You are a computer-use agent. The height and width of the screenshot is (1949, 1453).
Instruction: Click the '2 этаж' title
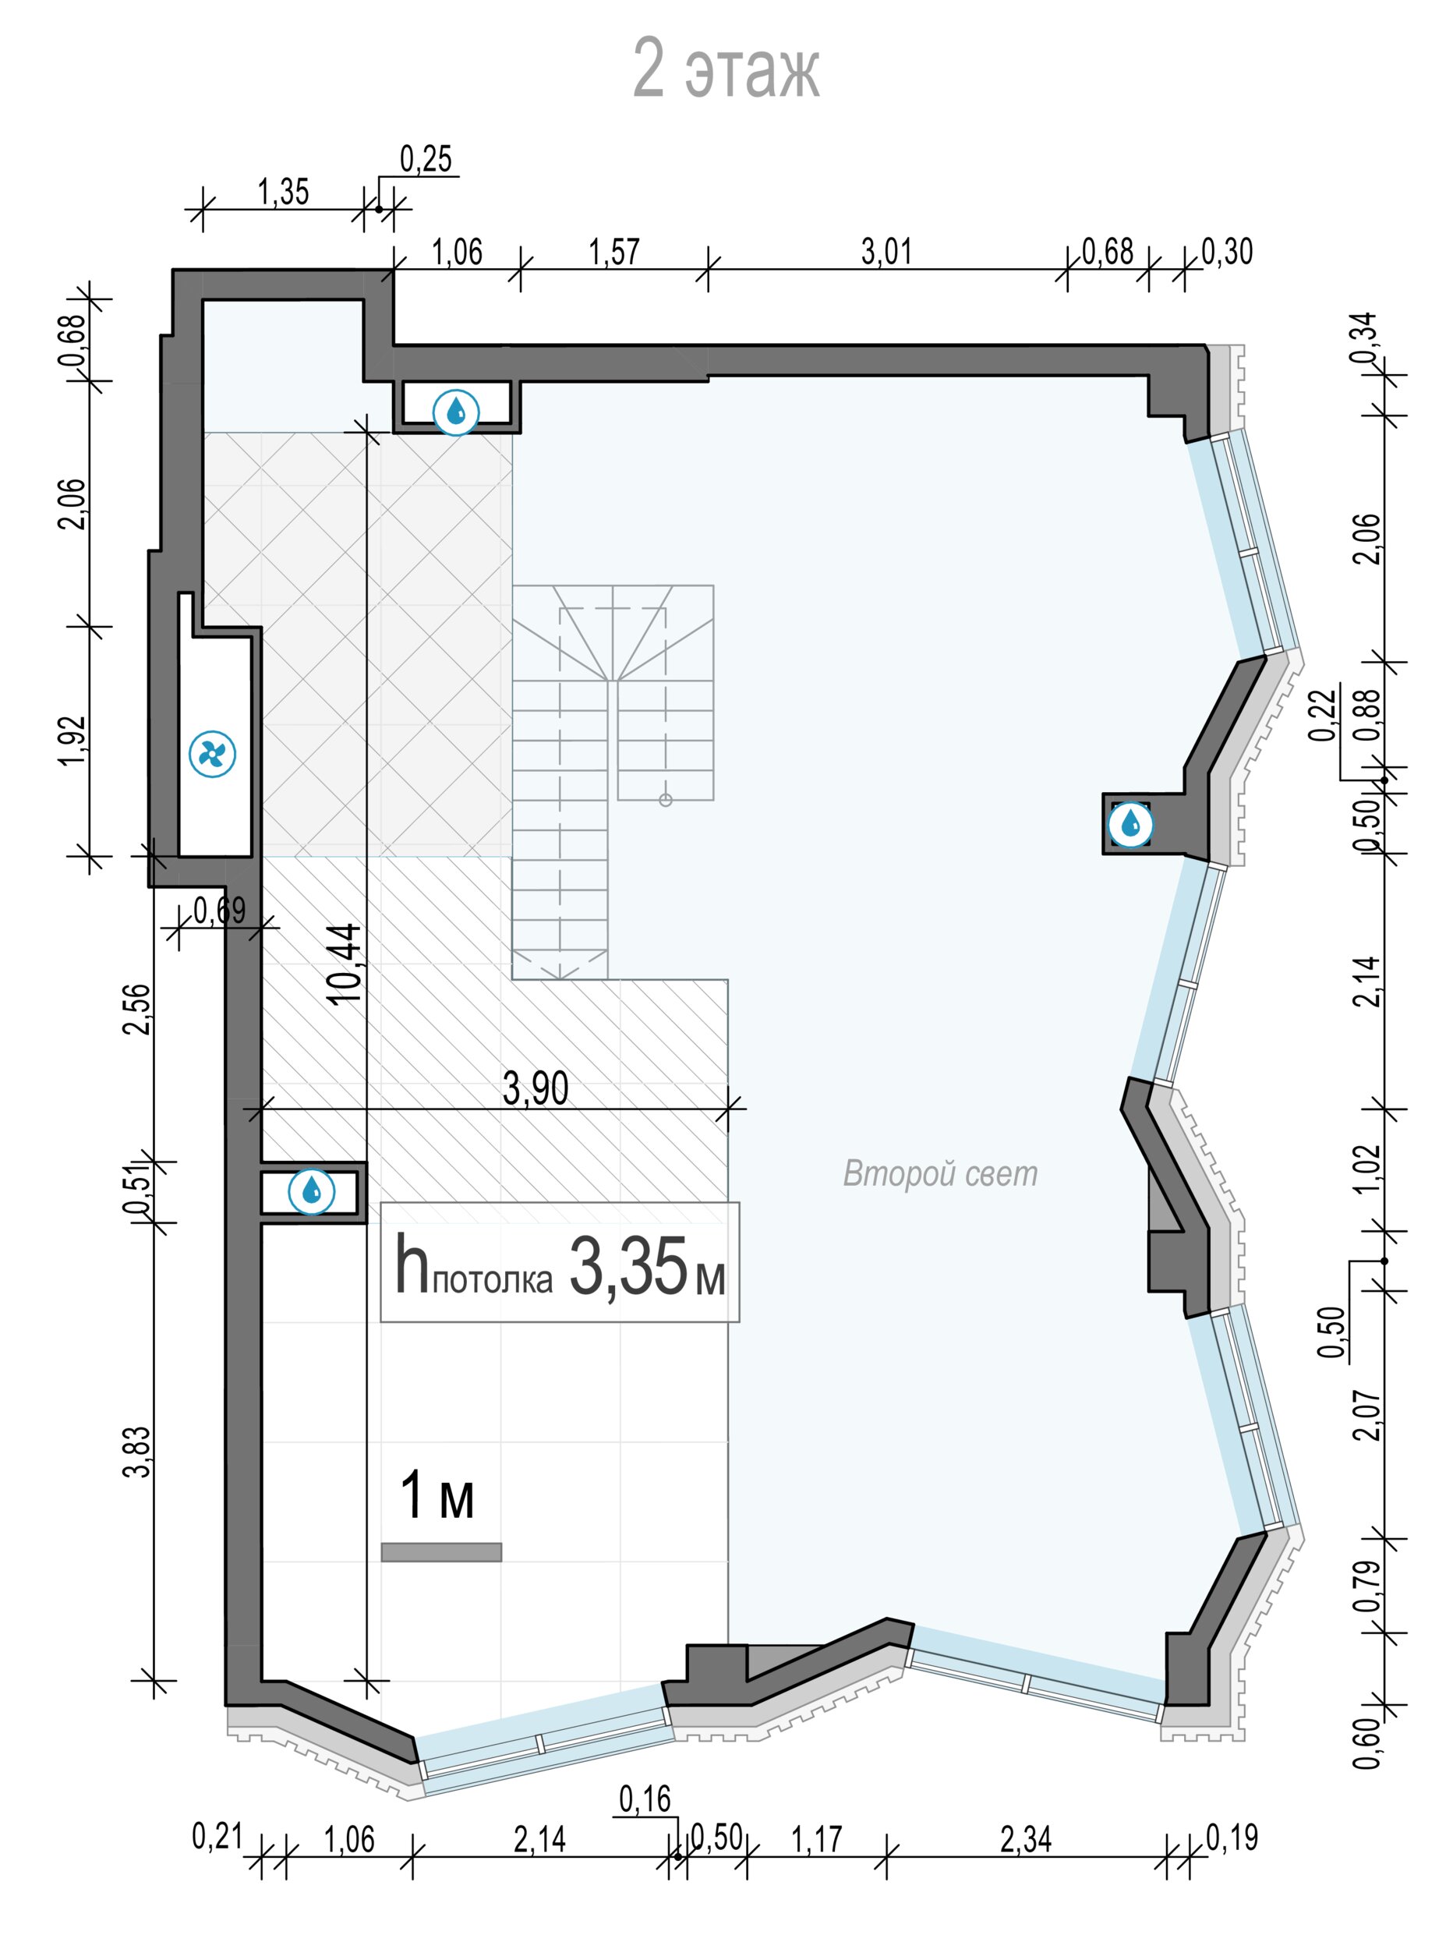point(726,69)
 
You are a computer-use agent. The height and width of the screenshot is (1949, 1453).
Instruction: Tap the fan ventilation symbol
point(213,754)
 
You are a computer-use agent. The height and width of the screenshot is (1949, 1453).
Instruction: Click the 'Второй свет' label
point(940,1174)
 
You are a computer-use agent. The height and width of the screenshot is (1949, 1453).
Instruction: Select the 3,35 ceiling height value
point(628,1267)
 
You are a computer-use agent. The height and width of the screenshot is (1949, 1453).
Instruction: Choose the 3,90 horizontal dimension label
point(536,1089)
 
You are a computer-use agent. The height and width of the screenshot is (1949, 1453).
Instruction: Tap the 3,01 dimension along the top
point(886,252)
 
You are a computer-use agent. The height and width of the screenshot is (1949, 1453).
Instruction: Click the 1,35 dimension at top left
point(283,192)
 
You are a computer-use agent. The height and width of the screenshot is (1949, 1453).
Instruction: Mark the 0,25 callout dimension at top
point(426,159)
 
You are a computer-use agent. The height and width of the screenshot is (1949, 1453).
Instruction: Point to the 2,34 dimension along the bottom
point(1026,1839)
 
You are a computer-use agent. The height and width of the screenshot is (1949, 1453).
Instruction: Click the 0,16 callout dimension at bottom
point(645,1799)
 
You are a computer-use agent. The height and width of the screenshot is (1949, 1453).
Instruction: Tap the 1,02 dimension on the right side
point(1369,1168)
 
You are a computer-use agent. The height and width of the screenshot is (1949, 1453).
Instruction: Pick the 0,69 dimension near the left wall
point(220,911)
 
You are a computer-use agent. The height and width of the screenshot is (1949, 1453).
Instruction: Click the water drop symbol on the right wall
point(1131,824)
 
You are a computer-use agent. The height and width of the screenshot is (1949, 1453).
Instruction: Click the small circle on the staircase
point(666,799)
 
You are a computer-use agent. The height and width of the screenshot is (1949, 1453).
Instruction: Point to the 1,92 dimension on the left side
point(74,741)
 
